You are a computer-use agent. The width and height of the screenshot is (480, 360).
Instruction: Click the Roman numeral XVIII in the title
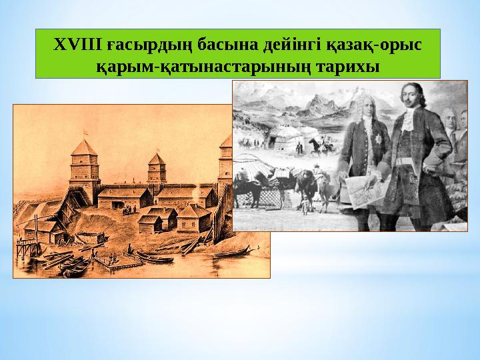(x=73, y=44)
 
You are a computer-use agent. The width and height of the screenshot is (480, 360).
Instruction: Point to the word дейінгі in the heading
(x=293, y=45)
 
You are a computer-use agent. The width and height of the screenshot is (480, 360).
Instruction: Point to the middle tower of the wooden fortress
(x=157, y=175)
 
